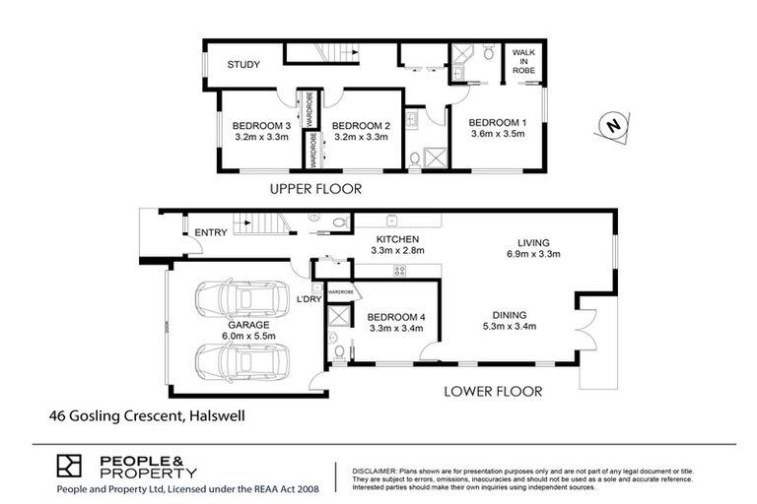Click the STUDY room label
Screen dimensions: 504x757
click(243, 65)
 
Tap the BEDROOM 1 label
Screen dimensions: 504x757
click(497, 122)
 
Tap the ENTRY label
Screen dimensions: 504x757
click(211, 232)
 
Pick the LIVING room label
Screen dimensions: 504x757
click(533, 242)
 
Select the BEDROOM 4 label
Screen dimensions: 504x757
click(394, 316)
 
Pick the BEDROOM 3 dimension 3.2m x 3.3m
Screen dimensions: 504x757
click(261, 138)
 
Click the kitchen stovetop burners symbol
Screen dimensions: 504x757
click(400, 270)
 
